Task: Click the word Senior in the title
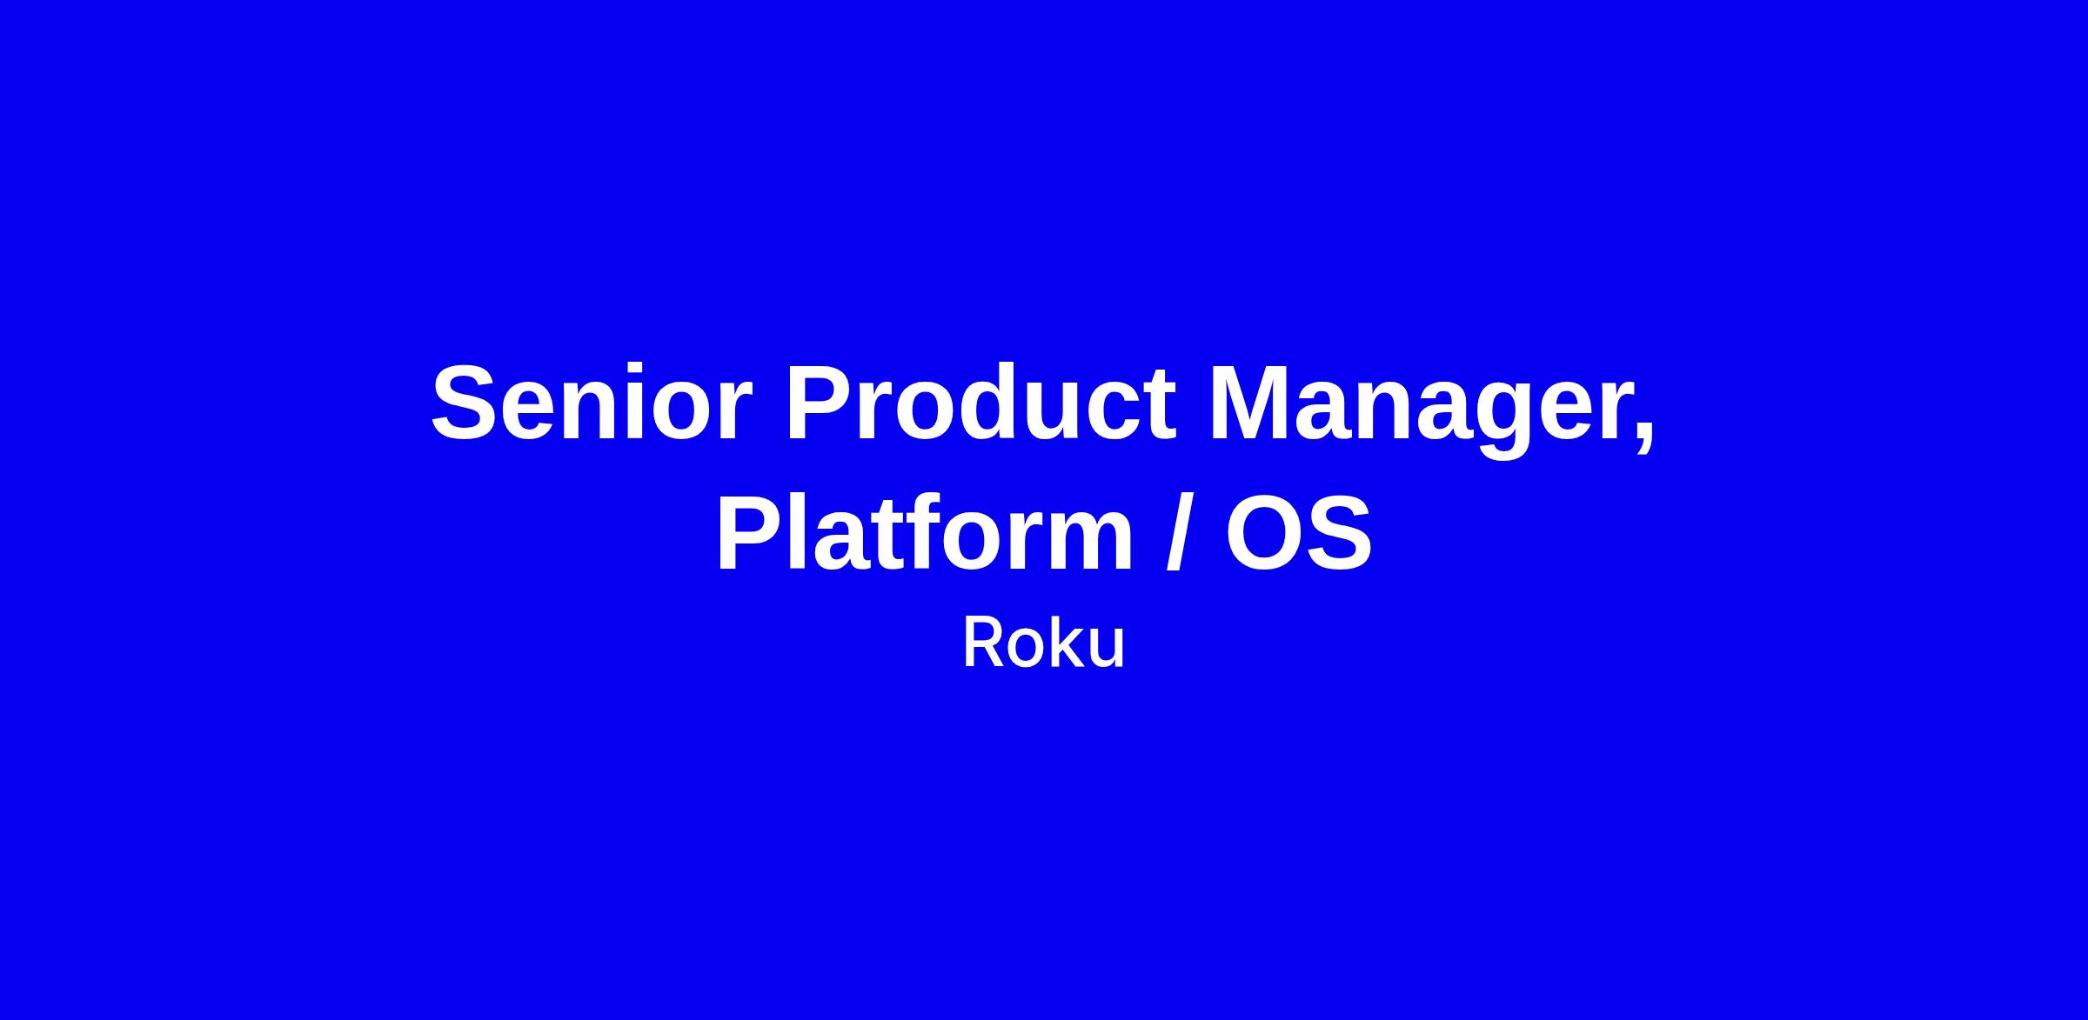(592, 403)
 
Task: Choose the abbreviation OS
(1299, 533)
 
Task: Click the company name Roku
(1043, 644)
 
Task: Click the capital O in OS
(1265, 533)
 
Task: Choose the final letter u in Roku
(1107, 650)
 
